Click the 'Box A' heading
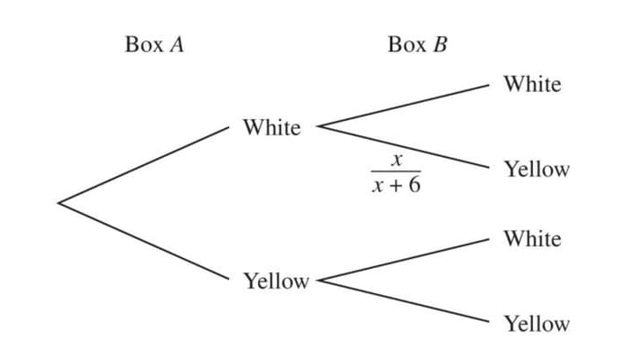pyautogui.click(x=154, y=44)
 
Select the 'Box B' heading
pyautogui.click(x=417, y=44)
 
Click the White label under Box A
pyautogui.click(x=271, y=128)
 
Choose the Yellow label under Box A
pyautogui.click(x=276, y=282)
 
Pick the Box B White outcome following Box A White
pyautogui.click(x=532, y=84)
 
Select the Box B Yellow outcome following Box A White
pyautogui.click(x=537, y=169)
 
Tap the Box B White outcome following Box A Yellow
pyautogui.click(x=532, y=239)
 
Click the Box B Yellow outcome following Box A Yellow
pyautogui.click(x=537, y=324)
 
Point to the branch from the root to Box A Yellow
pyautogui.click(x=144, y=242)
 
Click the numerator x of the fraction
pyautogui.click(x=394, y=159)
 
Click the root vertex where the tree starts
pyautogui.click(x=59, y=203)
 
